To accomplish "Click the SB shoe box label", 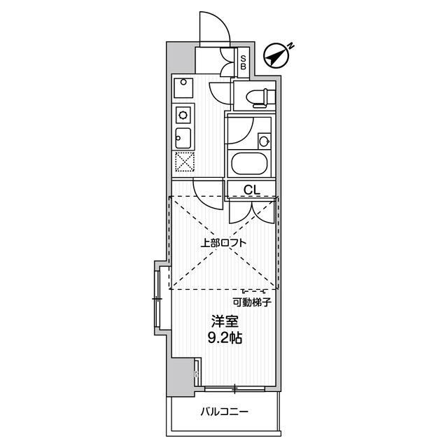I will tap(243, 62).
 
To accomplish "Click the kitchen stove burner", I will tap(183, 113).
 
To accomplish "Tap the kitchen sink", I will tap(183, 136).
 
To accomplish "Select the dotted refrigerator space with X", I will tap(183, 162).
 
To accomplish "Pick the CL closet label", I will tap(252, 189).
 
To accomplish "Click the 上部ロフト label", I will tap(223, 243).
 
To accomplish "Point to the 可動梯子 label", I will tap(252, 302).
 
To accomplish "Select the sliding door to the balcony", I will tap(234, 388).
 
